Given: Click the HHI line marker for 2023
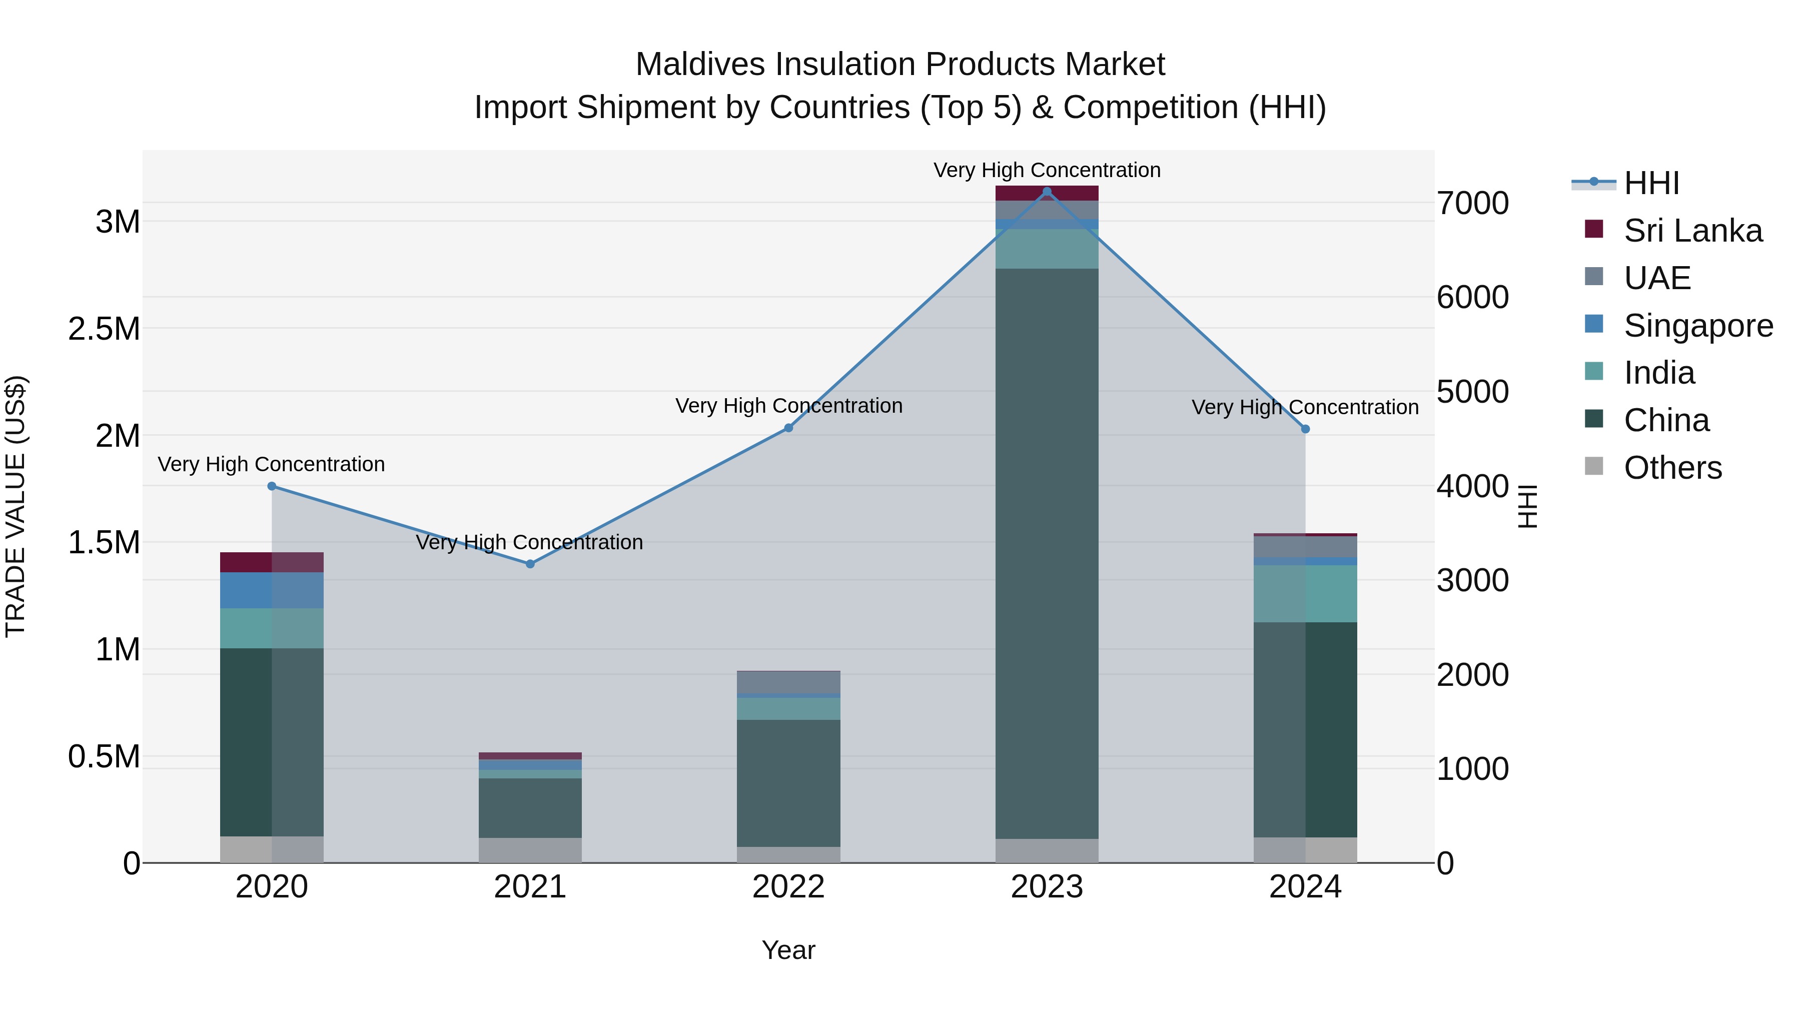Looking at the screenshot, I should click(1047, 192).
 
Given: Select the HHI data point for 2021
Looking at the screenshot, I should click(530, 563).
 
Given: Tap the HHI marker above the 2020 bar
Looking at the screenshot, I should click(272, 486).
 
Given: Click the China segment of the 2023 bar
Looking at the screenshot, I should click(1047, 552).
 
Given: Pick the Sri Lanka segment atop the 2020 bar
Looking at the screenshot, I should click(272, 562).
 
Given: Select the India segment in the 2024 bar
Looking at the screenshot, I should click(1305, 593).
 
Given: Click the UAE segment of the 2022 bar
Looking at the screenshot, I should click(788, 682).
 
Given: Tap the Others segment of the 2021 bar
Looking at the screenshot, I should click(530, 849).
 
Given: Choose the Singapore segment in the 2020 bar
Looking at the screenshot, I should click(272, 590).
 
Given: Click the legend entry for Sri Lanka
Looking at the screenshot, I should click(1692, 231).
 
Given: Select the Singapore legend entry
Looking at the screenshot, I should click(1697, 326).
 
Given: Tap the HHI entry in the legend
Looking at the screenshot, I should click(1651, 183).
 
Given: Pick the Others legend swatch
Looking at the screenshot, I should click(1593, 466).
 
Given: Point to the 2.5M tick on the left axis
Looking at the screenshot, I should click(104, 329).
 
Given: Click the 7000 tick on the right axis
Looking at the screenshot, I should click(1472, 204).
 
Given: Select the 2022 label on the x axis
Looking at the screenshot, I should click(788, 887).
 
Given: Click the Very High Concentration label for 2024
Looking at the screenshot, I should click(1305, 407).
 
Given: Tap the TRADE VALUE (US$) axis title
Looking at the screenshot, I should click(16, 506).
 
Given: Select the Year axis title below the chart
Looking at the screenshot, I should click(788, 950).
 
